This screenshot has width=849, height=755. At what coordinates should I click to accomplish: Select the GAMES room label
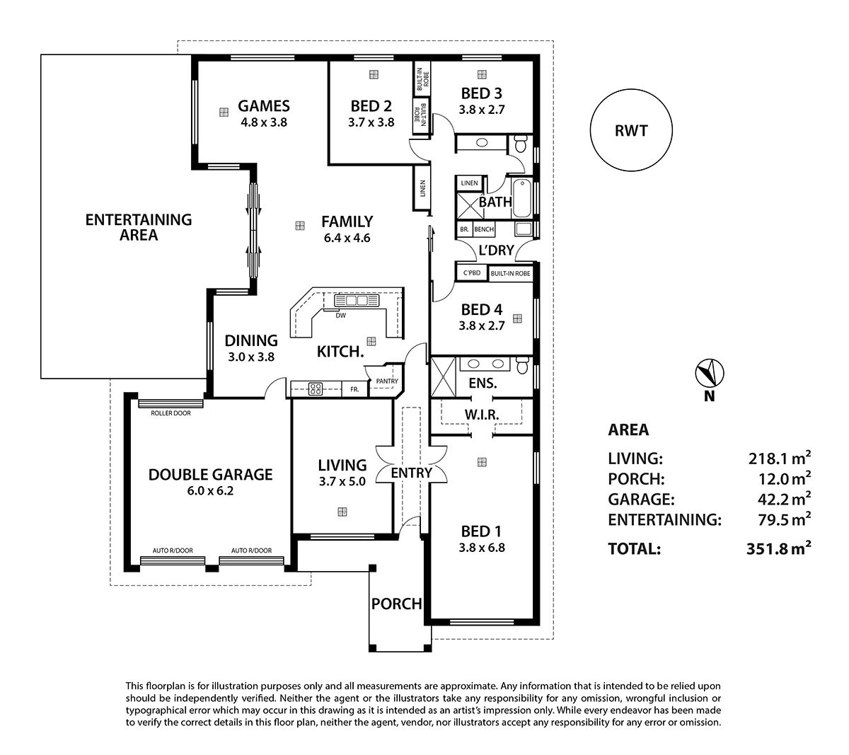point(263,106)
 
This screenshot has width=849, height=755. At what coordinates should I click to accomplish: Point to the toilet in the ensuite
point(522,366)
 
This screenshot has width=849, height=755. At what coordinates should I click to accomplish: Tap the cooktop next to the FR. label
point(316,388)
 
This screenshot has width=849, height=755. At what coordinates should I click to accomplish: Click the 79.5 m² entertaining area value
point(780,519)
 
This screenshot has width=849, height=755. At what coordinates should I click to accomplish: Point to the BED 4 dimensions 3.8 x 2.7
point(481,326)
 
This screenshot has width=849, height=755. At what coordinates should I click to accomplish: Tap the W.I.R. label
point(482,415)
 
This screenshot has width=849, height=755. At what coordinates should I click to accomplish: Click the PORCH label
point(396,604)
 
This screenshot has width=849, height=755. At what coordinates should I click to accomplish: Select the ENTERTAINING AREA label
point(139,227)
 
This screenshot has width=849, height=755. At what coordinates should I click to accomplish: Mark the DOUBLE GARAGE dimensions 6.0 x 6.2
point(210,490)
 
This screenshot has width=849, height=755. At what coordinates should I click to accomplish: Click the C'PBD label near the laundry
point(472,273)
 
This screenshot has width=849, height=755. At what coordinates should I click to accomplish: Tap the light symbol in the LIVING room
point(342,512)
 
